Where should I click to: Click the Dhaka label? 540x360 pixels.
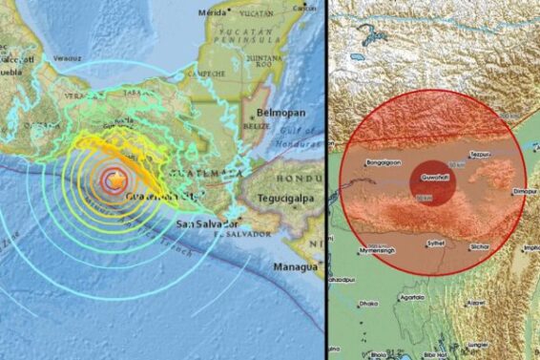pyautogui.click(x=368, y=304)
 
